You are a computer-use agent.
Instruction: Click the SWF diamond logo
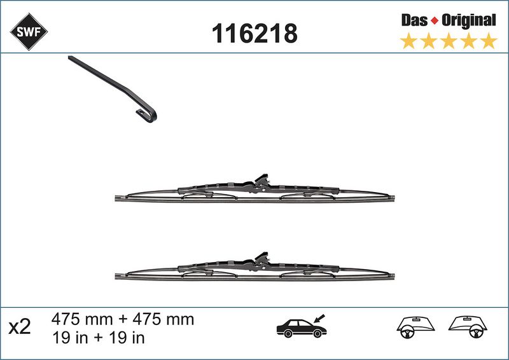[x=29, y=32]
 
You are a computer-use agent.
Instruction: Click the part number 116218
[x=254, y=34]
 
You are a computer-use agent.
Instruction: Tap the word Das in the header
[x=414, y=20]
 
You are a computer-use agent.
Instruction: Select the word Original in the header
[x=469, y=21]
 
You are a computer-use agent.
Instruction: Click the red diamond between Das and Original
[x=435, y=21]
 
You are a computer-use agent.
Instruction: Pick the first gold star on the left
[x=408, y=41]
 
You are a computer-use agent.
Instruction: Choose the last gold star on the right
[x=489, y=41]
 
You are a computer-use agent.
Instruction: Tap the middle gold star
[x=449, y=41]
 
